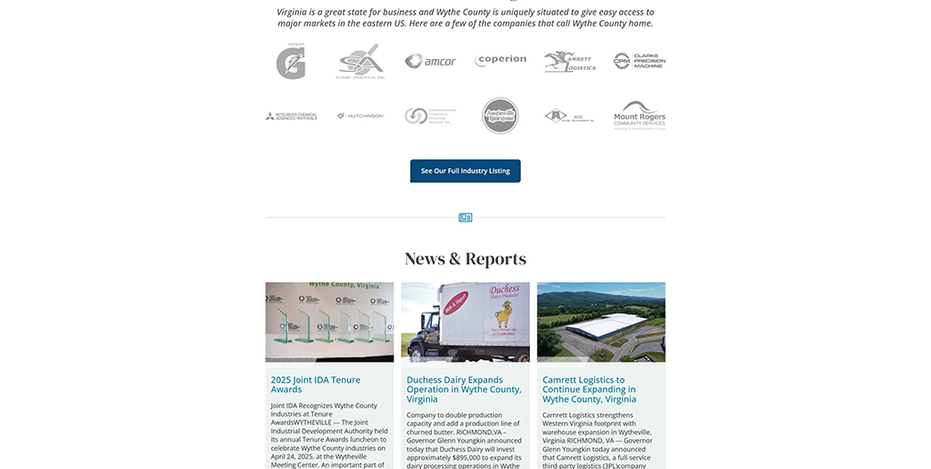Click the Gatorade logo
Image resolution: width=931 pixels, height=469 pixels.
coord(291,61)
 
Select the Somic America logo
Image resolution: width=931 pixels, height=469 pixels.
coord(361,61)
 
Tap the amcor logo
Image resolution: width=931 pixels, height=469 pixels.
coord(431,61)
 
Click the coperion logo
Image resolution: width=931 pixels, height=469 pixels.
coord(501,60)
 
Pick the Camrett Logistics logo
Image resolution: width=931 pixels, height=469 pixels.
coord(570,61)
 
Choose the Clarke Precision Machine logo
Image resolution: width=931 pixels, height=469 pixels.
coord(639,61)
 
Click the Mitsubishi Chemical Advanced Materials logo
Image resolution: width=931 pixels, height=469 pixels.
coord(291,116)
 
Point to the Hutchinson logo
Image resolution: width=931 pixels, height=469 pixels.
coord(361,116)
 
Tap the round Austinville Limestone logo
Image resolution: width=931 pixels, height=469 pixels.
coord(500,116)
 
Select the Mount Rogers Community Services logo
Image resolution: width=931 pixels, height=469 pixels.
coord(639,115)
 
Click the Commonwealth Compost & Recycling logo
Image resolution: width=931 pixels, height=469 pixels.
coord(431,116)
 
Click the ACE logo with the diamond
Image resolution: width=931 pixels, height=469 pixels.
coord(570,116)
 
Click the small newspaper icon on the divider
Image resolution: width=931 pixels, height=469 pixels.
coord(465,218)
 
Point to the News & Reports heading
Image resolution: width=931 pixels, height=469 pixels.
coord(465,259)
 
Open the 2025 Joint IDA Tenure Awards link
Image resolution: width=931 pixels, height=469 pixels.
coord(315,384)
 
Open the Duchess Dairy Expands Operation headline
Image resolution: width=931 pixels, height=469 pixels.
coord(464,389)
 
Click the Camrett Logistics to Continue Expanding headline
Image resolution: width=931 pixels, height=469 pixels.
coord(589,389)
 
